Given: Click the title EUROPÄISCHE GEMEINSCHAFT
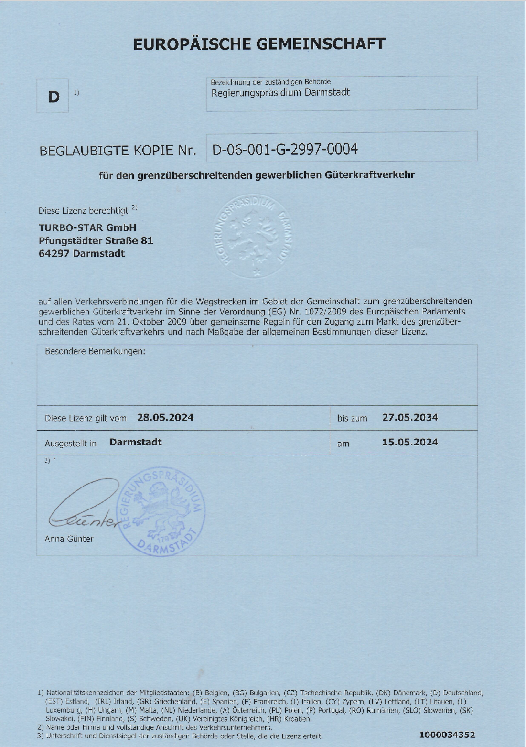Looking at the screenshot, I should click(258, 44).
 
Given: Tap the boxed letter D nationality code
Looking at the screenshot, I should click(54, 97).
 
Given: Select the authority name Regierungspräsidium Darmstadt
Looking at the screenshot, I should click(280, 92).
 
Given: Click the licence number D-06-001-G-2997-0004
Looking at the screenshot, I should click(285, 149).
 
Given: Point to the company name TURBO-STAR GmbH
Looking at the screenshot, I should click(87, 227).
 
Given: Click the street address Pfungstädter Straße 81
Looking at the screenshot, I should click(96, 240).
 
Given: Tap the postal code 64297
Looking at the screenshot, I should click(54, 253).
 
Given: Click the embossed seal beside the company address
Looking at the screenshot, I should click(253, 236).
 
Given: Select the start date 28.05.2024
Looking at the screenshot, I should click(165, 417).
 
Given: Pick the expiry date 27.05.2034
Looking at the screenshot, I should click(410, 417).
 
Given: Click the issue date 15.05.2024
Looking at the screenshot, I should click(410, 442).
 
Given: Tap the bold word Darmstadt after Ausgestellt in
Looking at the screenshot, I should click(136, 442).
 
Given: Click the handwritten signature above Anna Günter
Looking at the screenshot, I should click(84, 507).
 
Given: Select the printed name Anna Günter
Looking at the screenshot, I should click(69, 539).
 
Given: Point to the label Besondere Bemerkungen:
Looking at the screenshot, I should click(95, 351).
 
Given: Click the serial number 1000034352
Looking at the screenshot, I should click(447, 735).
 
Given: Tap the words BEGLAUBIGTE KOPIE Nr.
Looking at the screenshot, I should click(118, 151).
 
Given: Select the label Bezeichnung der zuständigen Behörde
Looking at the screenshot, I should click(270, 82).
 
